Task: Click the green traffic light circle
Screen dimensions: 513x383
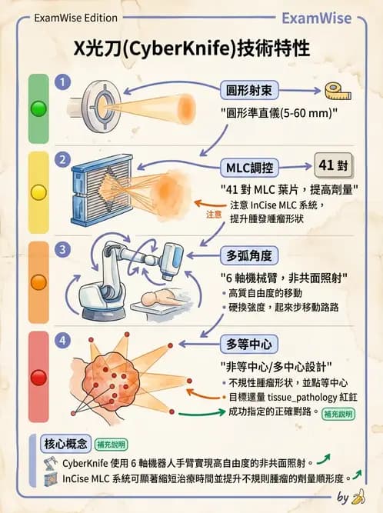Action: (x=38, y=108)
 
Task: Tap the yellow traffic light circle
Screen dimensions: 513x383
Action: (x=38, y=192)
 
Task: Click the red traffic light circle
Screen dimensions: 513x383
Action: (x=38, y=376)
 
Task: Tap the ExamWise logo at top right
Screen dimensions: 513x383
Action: (x=327, y=18)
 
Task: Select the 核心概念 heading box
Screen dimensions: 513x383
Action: (x=63, y=444)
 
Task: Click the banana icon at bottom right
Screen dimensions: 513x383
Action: (x=358, y=497)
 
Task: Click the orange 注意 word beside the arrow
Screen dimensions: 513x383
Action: (x=215, y=215)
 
